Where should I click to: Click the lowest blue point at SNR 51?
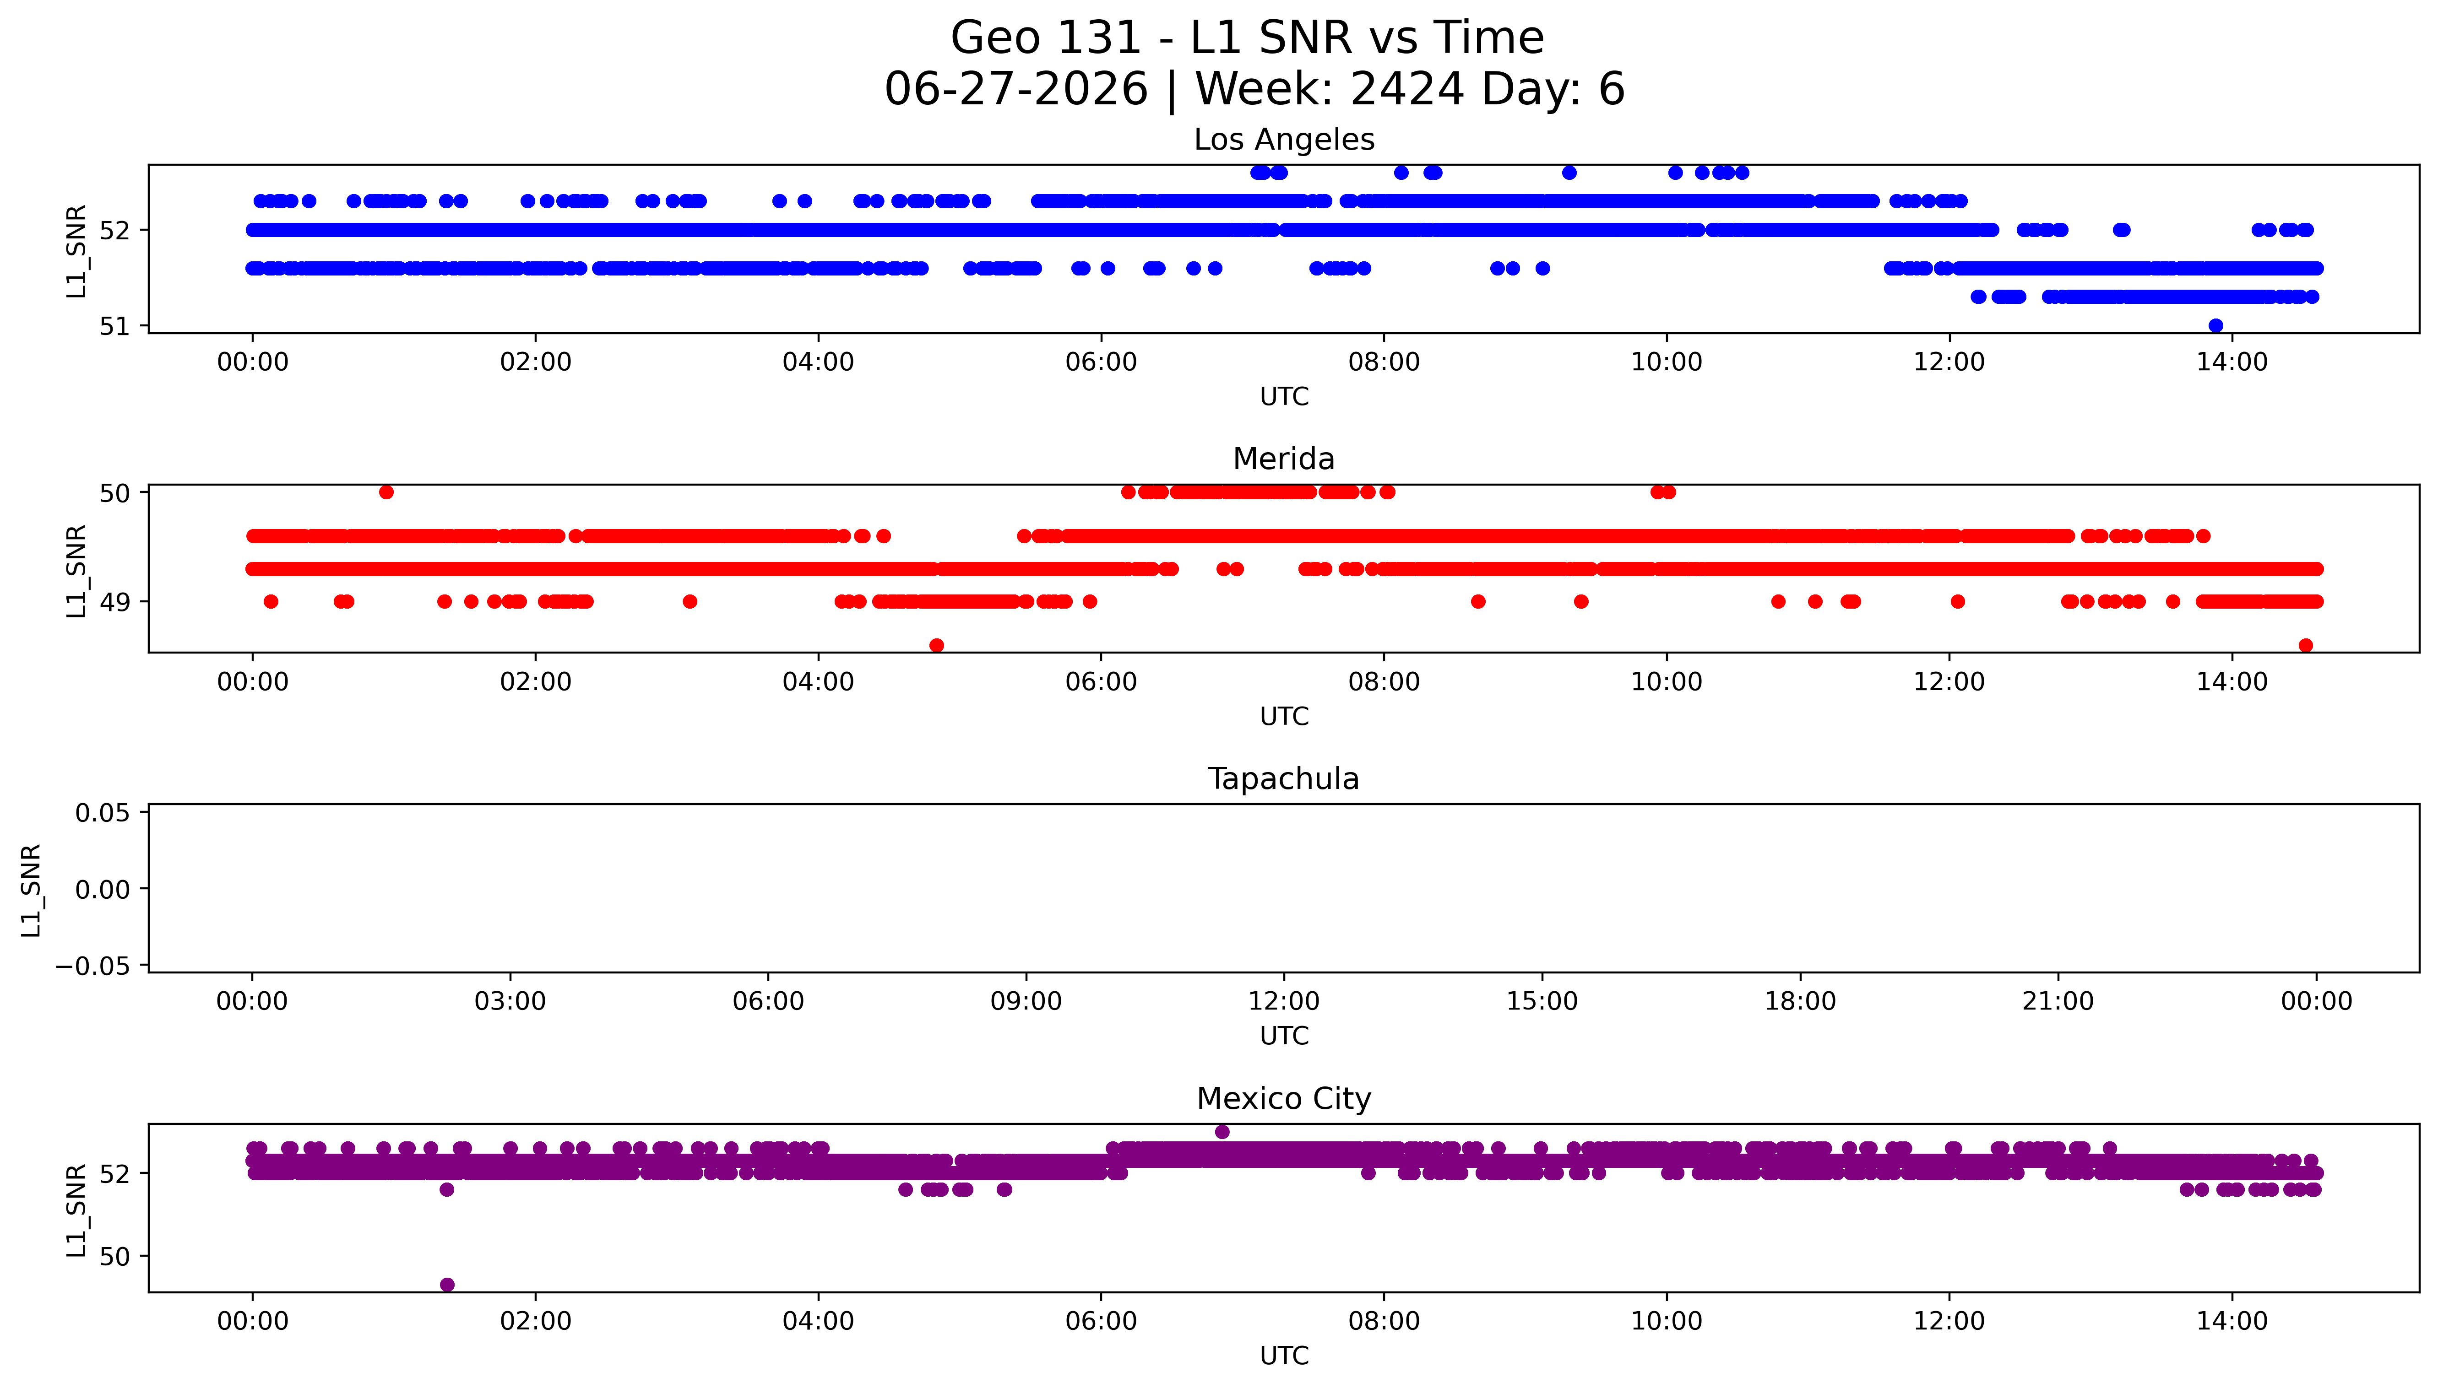click(2216, 326)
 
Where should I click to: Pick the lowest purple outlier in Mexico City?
click(447, 1285)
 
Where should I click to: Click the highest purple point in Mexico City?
click(1222, 1132)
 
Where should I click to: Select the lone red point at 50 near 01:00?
click(386, 492)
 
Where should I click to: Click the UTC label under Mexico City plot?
click(1284, 1356)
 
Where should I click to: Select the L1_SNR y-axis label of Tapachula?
click(32, 890)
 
